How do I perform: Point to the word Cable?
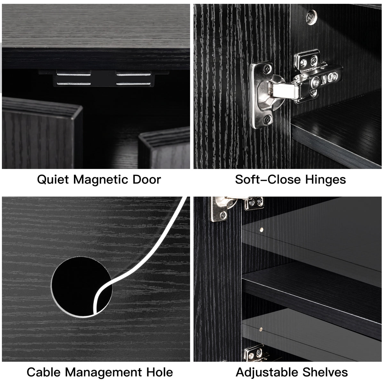coord(44,372)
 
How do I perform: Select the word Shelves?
coord(325,372)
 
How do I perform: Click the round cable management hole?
coord(81,287)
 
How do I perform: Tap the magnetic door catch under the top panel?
coord(104,78)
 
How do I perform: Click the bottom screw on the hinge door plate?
coord(267,120)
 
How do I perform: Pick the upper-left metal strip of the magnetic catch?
coord(74,75)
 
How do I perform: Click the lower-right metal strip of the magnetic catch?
coord(133,84)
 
